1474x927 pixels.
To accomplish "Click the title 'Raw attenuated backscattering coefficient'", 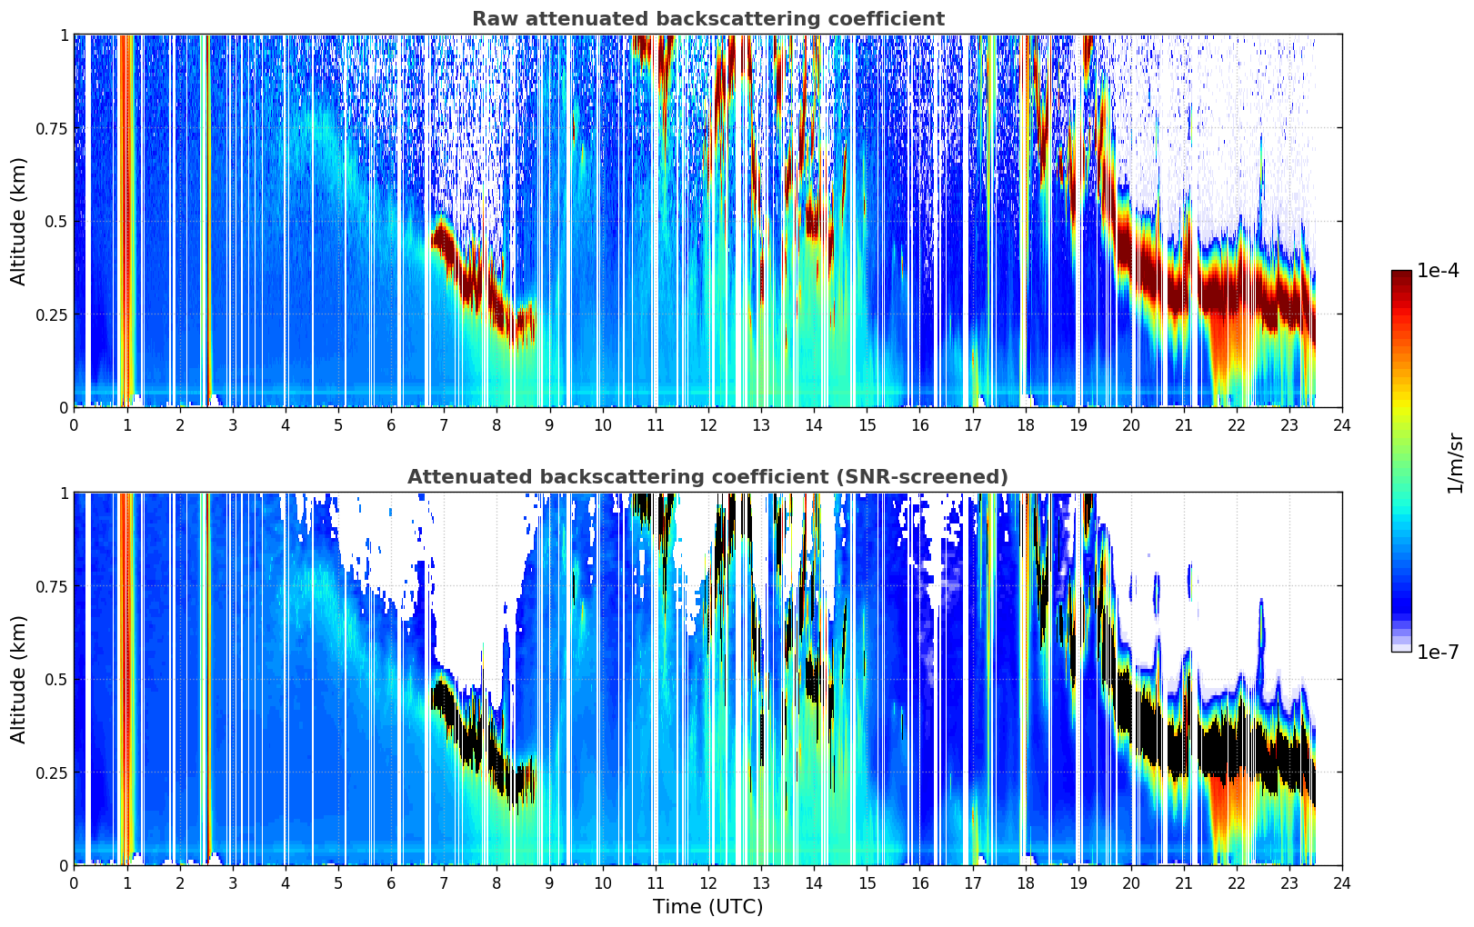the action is (x=708, y=18).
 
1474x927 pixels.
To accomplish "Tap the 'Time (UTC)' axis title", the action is (x=708, y=907).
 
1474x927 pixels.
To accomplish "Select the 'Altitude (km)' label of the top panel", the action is (x=18, y=222).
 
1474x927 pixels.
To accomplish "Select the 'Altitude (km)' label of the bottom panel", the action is (x=18, y=680).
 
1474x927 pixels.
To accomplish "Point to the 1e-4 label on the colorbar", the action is (x=1438, y=270).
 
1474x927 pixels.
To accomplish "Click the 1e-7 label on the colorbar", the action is (x=1438, y=653).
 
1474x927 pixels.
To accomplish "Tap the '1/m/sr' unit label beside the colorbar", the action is (x=1455, y=463).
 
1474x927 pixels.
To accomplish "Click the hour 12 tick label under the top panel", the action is (x=708, y=425).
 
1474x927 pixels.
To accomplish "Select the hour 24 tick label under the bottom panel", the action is (x=1342, y=883).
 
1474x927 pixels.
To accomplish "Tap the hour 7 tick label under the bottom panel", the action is (x=444, y=883).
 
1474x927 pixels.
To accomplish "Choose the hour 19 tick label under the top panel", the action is (x=1078, y=425).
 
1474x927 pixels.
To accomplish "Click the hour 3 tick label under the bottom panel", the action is (x=232, y=883).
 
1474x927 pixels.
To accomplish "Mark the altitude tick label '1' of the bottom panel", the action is (x=64, y=493).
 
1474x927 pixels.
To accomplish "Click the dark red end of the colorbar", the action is (x=1401, y=276).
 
